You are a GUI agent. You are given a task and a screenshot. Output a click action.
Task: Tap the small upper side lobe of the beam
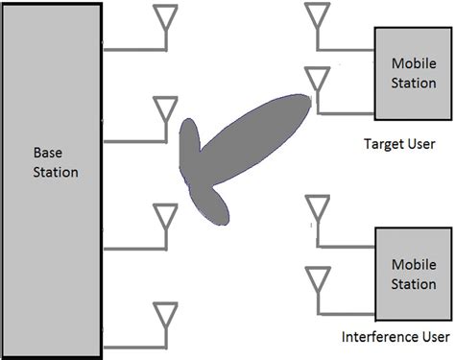(x=190, y=145)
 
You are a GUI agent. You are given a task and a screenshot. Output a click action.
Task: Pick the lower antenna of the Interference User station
(x=318, y=279)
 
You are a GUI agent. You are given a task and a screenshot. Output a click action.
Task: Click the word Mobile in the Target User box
(x=413, y=63)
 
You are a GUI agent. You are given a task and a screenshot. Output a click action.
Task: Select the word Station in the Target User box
(x=413, y=82)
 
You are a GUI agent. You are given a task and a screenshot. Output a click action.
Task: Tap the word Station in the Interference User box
(x=413, y=285)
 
